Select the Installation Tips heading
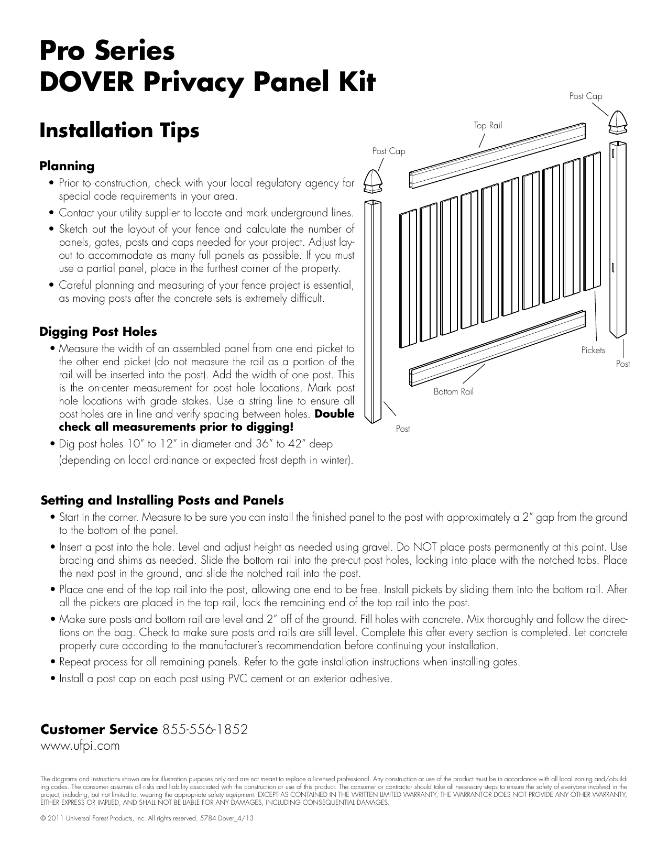(119, 130)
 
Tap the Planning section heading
(67, 166)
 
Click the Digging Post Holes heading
(98, 332)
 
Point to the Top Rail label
(488, 125)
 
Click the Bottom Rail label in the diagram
(453, 391)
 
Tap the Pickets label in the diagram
(593, 350)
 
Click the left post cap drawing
(374, 181)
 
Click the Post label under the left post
(402, 429)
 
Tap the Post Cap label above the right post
(585, 96)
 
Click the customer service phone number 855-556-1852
(205, 729)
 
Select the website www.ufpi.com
(80, 746)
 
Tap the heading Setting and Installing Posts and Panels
(162, 500)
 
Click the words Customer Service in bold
(98, 729)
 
